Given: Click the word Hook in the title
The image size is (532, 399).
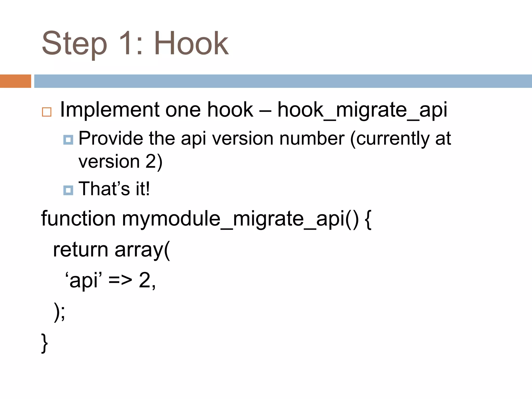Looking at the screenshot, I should (191, 43).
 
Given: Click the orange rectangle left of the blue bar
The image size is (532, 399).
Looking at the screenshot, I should (15, 81).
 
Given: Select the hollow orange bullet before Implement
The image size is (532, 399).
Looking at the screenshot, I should (47, 112).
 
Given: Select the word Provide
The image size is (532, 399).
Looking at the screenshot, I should (111, 138).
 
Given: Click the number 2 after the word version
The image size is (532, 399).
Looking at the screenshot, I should (151, 162).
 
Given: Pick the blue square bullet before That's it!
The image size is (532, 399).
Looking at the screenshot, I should (68, 190).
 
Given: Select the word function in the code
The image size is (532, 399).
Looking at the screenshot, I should (78, 219).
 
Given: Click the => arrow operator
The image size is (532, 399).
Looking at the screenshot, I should (120, 281).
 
